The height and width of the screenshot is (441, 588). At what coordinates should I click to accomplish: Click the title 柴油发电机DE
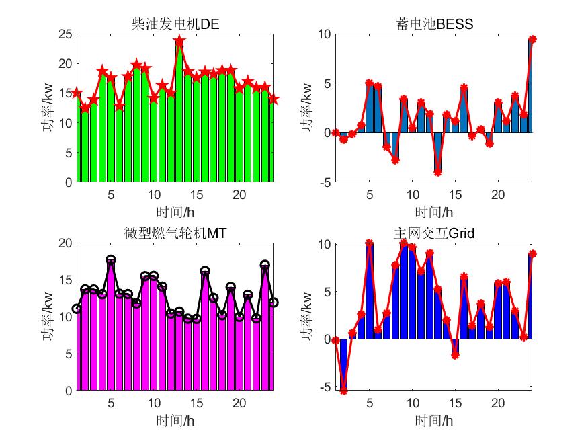point(175,25)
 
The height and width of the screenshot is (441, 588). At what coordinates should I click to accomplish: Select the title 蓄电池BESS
point(434,25)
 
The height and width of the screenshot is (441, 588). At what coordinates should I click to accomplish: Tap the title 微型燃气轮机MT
point(175,233)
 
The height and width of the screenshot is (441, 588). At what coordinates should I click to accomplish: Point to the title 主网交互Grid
point(434,233)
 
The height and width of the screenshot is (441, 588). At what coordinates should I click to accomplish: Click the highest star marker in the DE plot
point(179,41)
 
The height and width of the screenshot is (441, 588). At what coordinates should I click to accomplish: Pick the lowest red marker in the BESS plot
point(437,172)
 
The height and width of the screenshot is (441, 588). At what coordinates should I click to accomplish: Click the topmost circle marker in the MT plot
point(111,259)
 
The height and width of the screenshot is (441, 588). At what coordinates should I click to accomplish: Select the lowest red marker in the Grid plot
point(343,391)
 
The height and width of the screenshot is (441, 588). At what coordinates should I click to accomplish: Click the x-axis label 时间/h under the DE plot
point(175,212)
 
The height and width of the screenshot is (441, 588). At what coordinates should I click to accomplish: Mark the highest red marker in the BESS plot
point(532,39)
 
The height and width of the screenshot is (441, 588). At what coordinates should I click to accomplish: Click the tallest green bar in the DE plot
point(179,114)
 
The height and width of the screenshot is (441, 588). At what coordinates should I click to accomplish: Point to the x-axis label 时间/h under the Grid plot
point(434,421)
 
